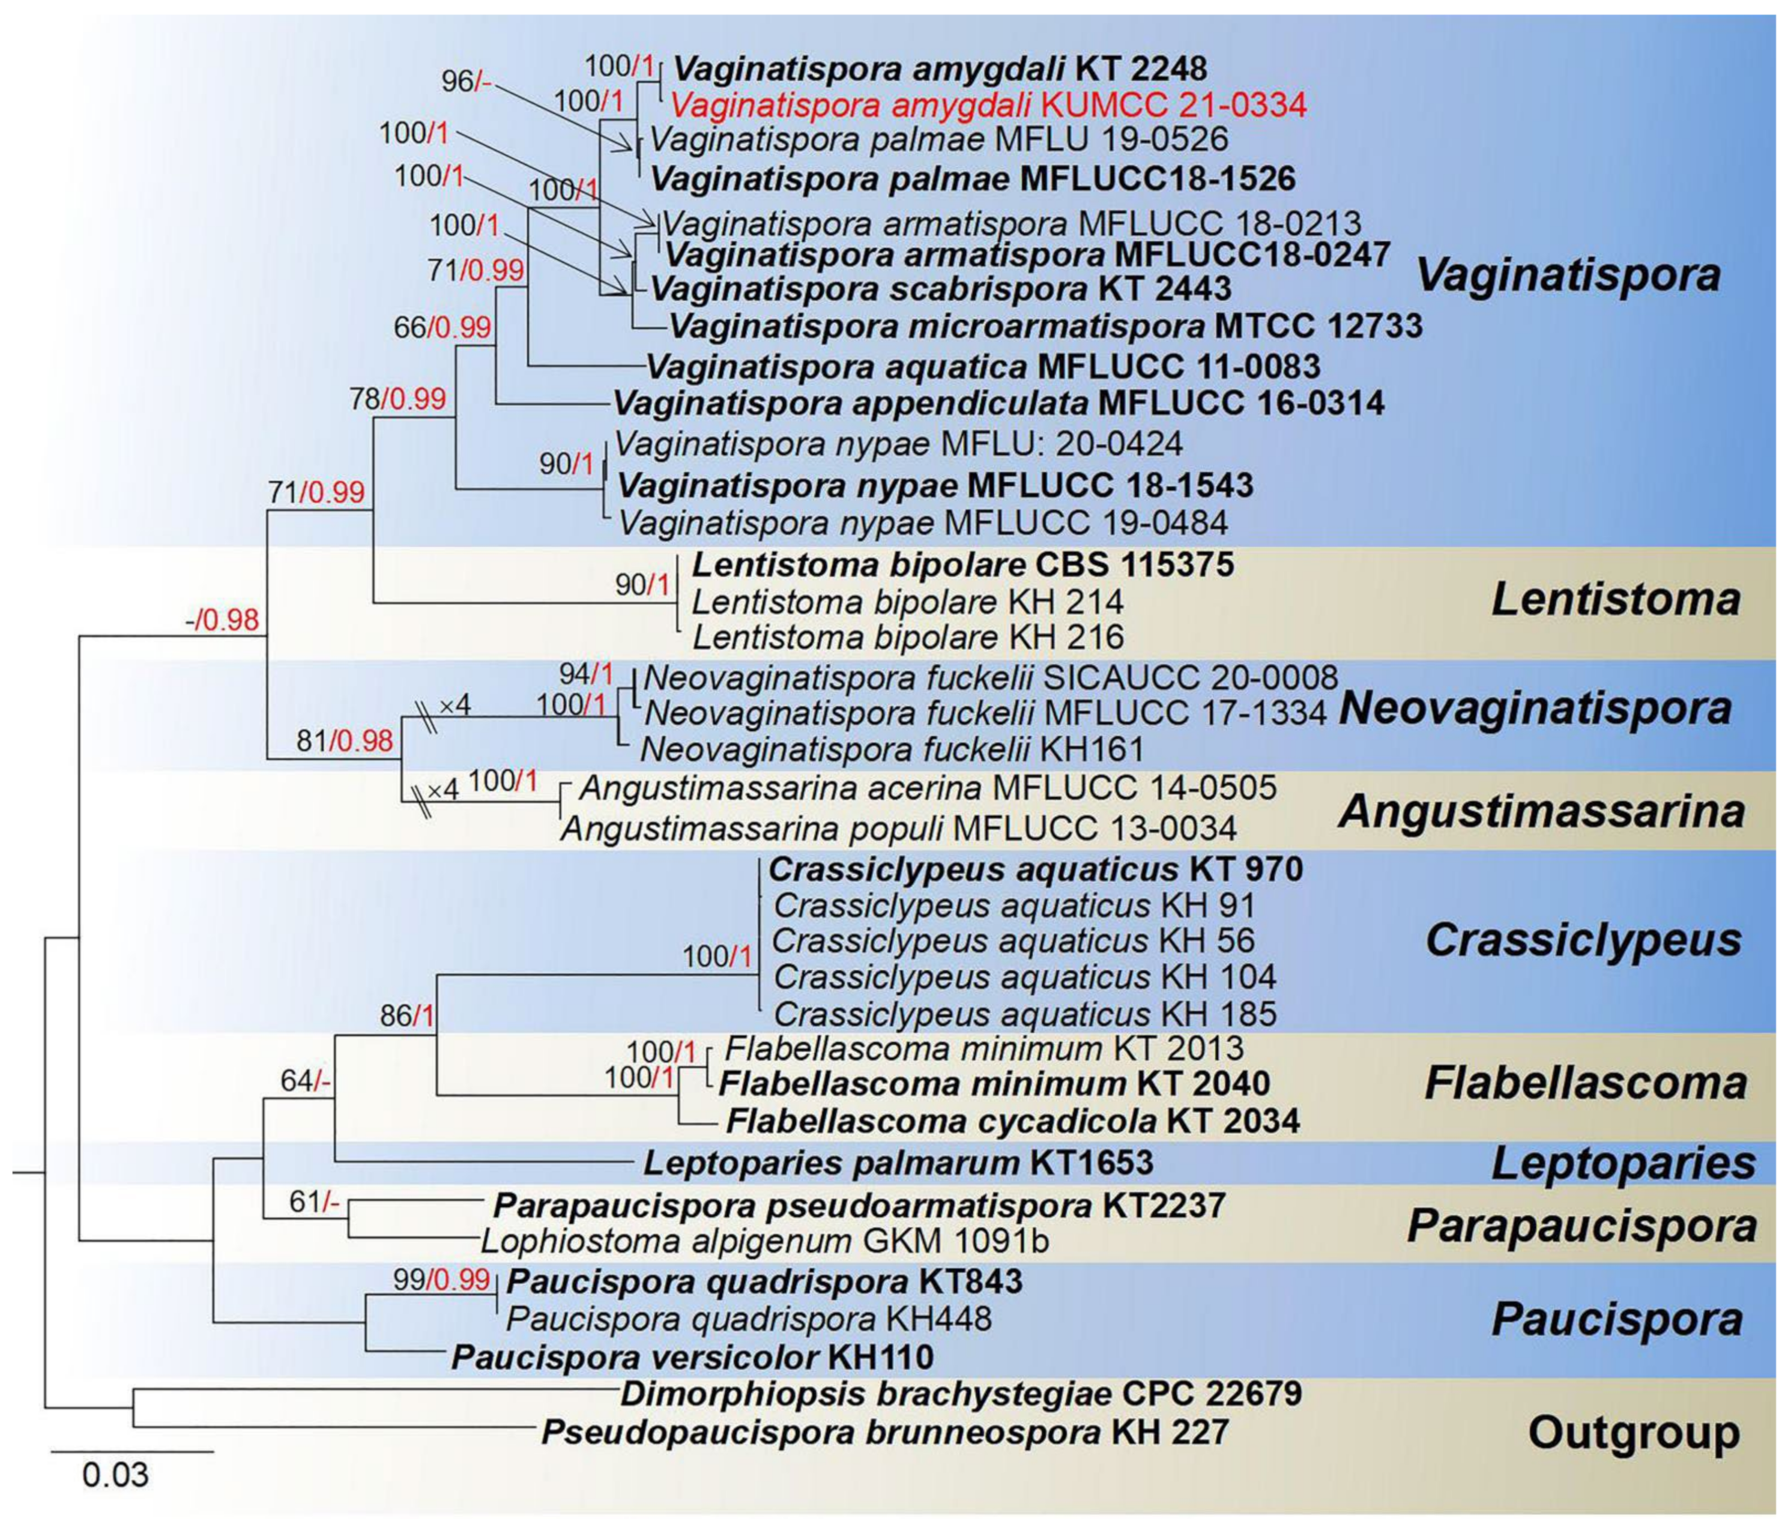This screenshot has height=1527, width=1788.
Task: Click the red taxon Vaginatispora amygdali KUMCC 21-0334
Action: coord(988,105)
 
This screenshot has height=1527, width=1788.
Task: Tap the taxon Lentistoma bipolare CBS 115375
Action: coord(963,566)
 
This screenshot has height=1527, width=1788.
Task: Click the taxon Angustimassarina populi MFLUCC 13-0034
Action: coord(898,829)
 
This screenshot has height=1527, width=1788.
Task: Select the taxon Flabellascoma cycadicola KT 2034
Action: coord(1012,1121)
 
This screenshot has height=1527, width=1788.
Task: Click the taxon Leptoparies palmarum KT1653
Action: coord(898,1163)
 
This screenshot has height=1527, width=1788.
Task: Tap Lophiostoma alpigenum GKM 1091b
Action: coord(764,1241)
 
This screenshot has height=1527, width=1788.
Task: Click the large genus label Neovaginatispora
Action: coord(1534,709)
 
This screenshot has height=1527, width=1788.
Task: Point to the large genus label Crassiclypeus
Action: coord(1583,940)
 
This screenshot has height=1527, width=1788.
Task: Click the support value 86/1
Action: coord(406,1016)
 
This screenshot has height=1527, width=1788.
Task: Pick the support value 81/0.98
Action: coord(344,740)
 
